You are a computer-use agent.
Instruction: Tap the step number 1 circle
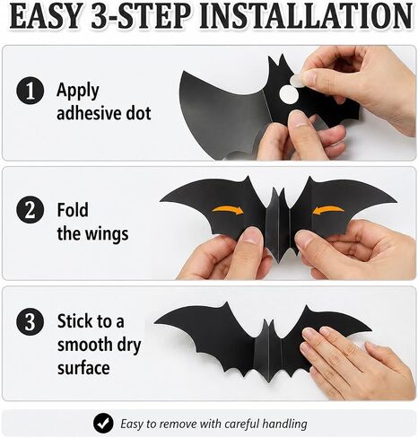coord(30,90)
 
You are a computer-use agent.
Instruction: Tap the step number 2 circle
coord(30,210)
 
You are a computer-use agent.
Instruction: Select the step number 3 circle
coord(30,321)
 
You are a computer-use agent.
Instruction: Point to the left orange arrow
coord(229,210)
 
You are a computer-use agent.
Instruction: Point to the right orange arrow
coord(328,210)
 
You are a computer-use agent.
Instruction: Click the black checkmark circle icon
coord(103,424)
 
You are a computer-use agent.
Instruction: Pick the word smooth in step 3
coord(83,345)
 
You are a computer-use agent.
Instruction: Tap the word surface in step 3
coord(83,368)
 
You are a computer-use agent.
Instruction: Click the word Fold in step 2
coord(73,210)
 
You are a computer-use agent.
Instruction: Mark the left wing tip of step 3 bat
coord(154,324)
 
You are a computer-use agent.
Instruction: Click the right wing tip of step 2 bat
coord(396,201)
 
